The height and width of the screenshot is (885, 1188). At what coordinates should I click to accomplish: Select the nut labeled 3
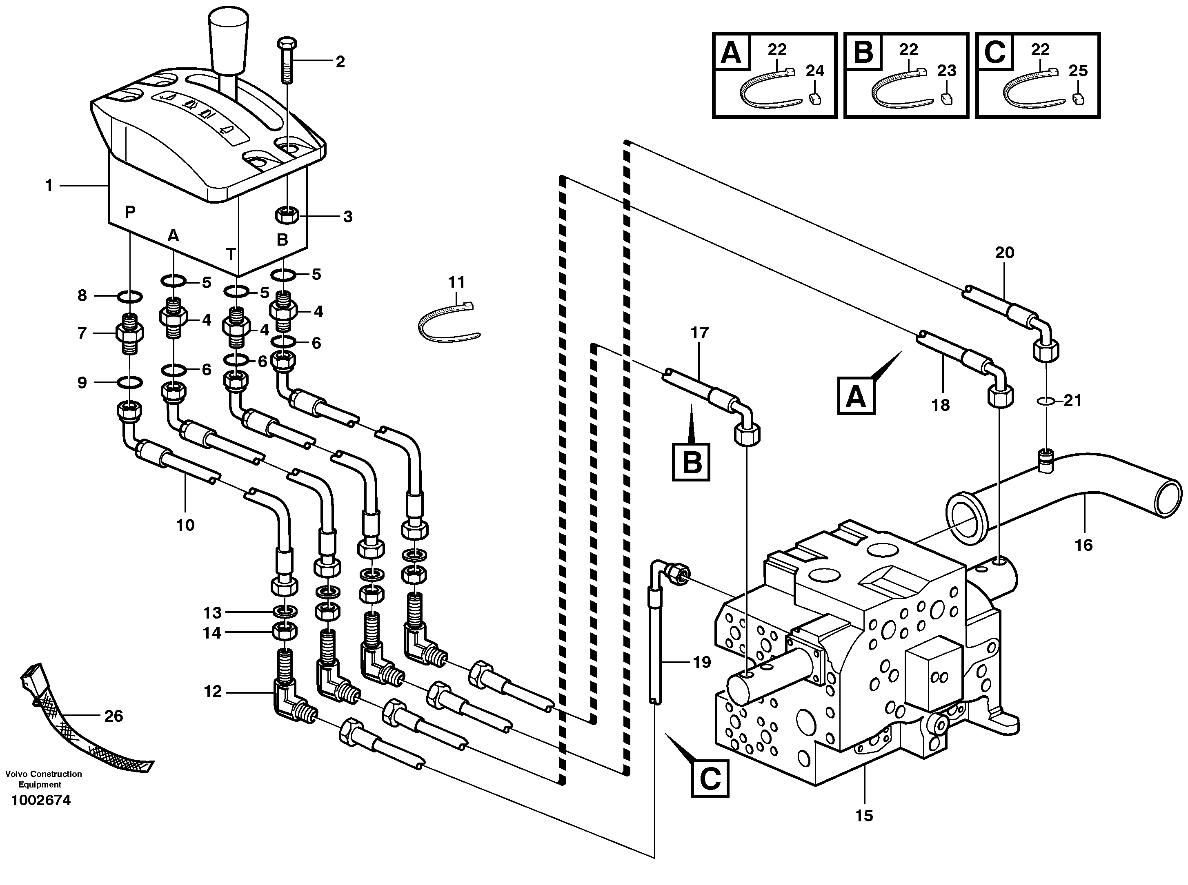[x=286, y=216]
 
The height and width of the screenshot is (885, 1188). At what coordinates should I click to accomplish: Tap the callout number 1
[x=49, y=186]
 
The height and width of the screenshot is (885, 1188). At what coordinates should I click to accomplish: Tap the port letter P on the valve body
[x=130, y=212]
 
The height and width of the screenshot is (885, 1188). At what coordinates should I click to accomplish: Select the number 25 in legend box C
[x=1078, y=71]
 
